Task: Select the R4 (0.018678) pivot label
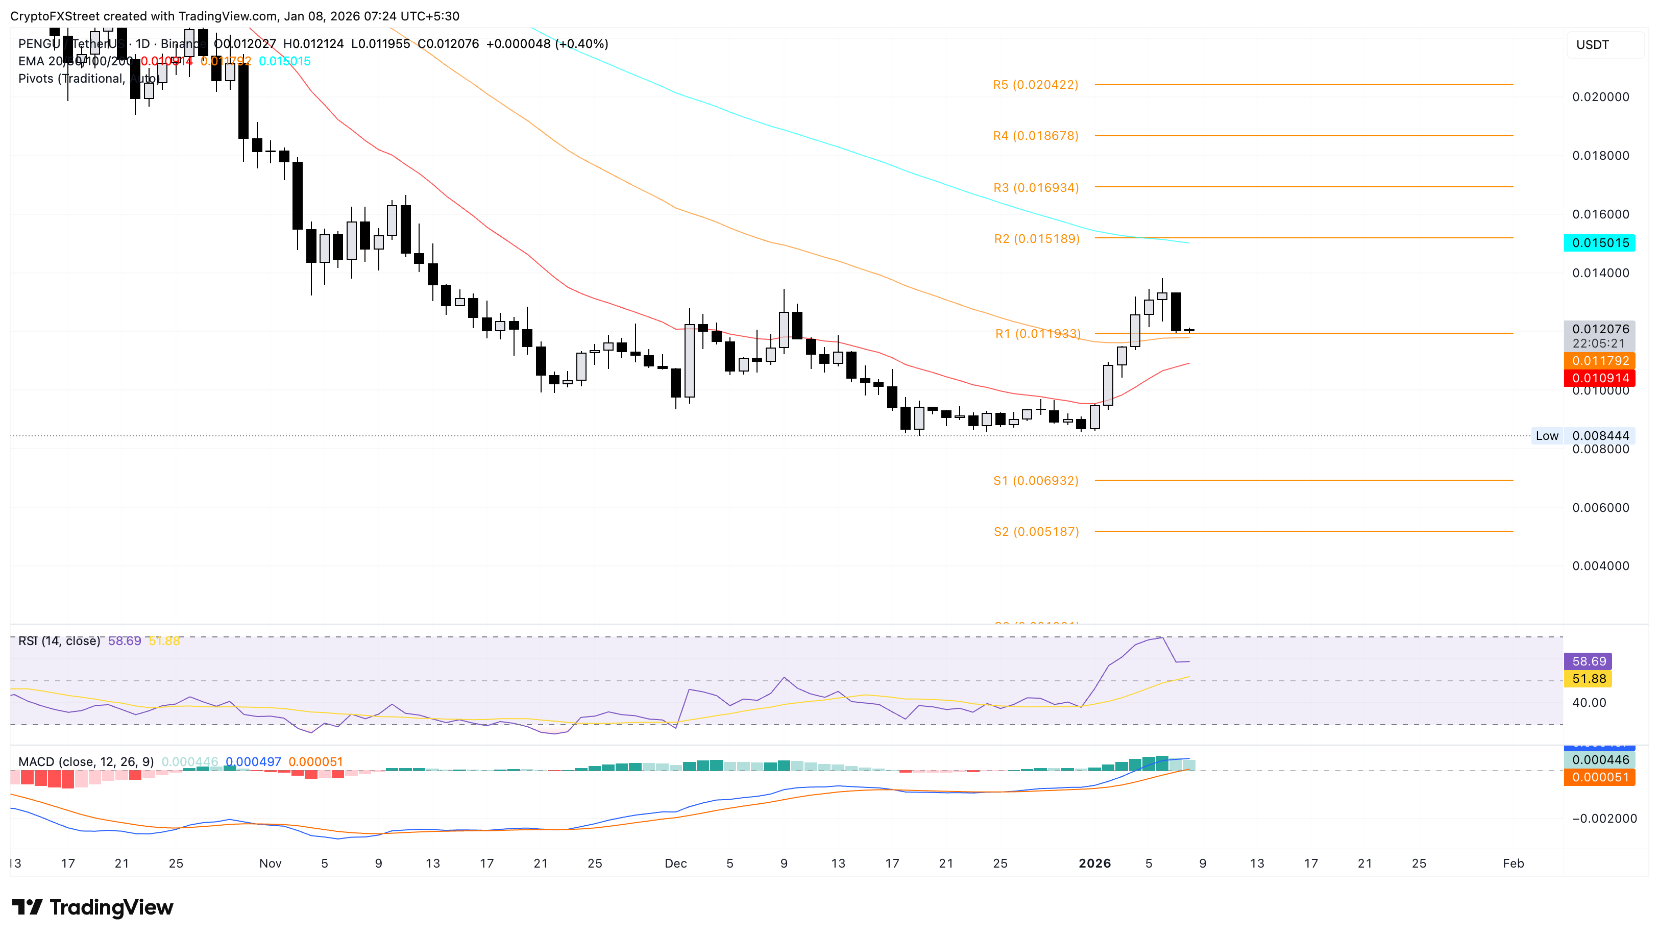pyautogui.click(x=1035, y=136)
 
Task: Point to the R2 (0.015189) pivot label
pyautogui.click(x=1036, y=239)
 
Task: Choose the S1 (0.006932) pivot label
pyautogui.click(x=1035, y=481)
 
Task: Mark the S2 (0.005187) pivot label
pyautogui.click(x=1035, y=531)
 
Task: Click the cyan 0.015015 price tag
pyautogui.click(x=1599, y=243)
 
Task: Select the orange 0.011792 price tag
pyautogui.click(x=1599, y=361)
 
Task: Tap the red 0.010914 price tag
pyautogui.click(x=1599, y=378)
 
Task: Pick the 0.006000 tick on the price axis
pyautogui.click(x=1600, y=508)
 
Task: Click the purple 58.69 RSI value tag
pyautogui.click(x=1588, y=661)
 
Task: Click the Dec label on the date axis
pyautogui.click(x=675, y=864)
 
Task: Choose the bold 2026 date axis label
pyautogui.click(x=1094, y=864)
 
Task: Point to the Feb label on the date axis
pyautogui.click(x=1512, y=864)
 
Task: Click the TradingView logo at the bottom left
pyautogui.click(x=93, y=908)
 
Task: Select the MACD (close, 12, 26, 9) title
pyautogui.click(x=86, y=762)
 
